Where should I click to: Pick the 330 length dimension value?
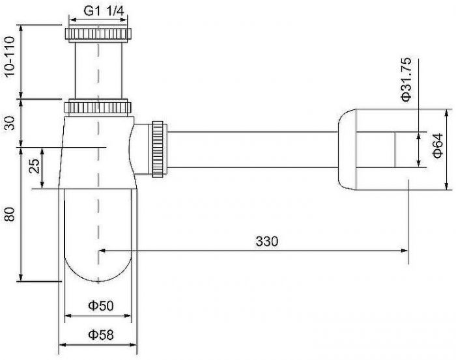pos(266,241)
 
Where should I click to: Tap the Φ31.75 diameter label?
pos(406,79)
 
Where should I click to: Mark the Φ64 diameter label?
pos(437,148)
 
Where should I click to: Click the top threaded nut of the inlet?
pos(98,34)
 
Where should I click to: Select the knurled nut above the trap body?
pos(98,106)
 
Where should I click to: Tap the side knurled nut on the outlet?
pos(157,148)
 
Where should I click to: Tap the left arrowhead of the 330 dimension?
pos(102,250)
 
